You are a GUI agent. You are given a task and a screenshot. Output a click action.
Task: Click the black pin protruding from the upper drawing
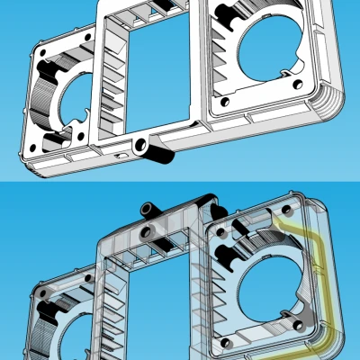161,154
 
